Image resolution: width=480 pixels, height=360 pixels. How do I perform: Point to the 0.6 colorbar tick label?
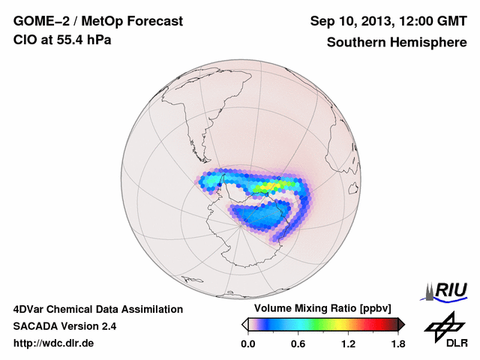pyautogui.click(x=298, y=344)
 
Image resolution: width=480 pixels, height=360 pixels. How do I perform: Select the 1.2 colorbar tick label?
pyautogui.click(x=348, y=344)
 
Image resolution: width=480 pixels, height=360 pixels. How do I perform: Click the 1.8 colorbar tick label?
pyautogui.click(x=398, y=344)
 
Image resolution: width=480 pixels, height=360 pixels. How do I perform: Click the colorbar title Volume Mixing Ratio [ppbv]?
pyautogui.click(x=319, y=309)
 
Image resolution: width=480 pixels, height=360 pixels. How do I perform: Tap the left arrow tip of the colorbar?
pyautogui.click(x=244, y=324)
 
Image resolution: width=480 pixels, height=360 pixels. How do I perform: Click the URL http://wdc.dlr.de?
pyautogui.click(x=54, y=343)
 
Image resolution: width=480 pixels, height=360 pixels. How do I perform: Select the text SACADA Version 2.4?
pyautogui.click(x=64, y=326)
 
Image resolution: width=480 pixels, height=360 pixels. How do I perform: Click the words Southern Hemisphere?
pyautogui.click(x=397, y=43)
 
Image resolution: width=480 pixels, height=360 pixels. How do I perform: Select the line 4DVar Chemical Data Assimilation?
pyautogui.click(x=97, y=309)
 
